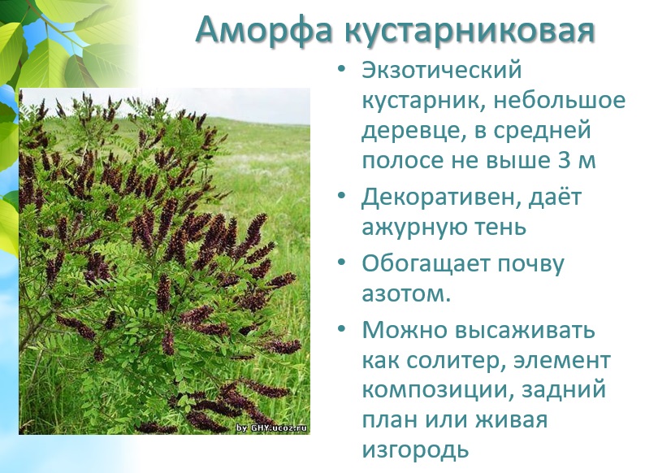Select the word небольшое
(x=559, y=101)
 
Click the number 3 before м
(x=564, y=161)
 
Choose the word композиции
(x=436, y=391)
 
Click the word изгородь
(x=415, y=451)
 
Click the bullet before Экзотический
(x=341, y=69)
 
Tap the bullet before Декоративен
(x=341, y=196)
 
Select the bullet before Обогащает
(x=341, y=263)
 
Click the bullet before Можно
(x=341, y=328)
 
